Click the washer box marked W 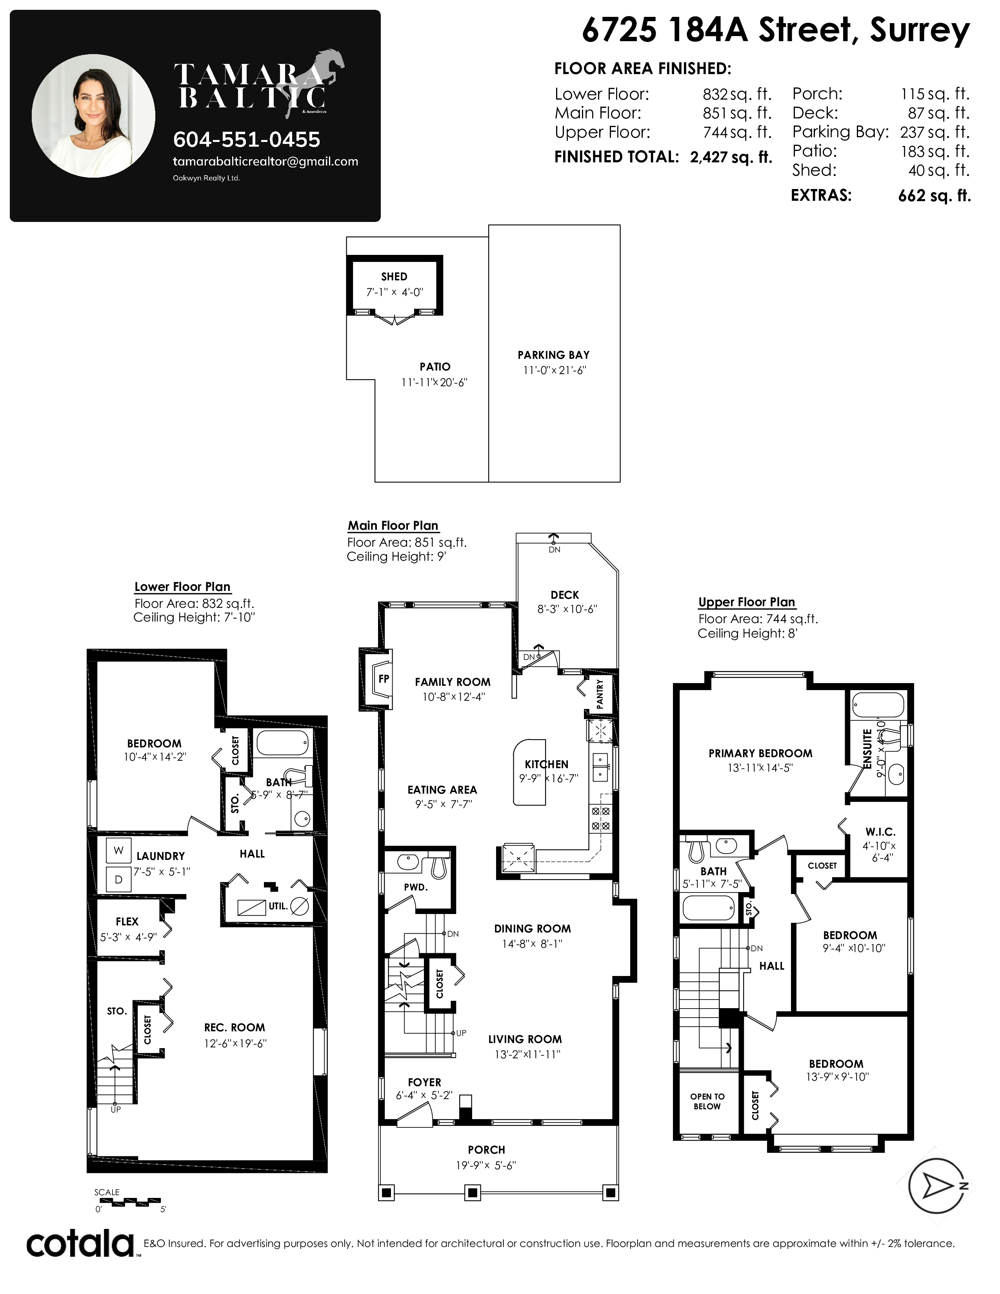[x=118, y=850]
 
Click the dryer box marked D [x=118, y=879]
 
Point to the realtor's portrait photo [x=94, y=116]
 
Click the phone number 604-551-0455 [x=246, y=140]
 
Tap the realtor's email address [x=265, y=162]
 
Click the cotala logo [x=80, y=1244]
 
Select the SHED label [x=394, y=277]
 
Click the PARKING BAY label [x=553, y=355]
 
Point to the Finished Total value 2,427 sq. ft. [x=731, y=157]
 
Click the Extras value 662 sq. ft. [x=934, y=196]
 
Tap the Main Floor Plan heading [x=393, y=525]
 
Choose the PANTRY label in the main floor [x=600, y=694]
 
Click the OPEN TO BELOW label [x=707, y=1101]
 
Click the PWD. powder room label [x=416, y=887]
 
